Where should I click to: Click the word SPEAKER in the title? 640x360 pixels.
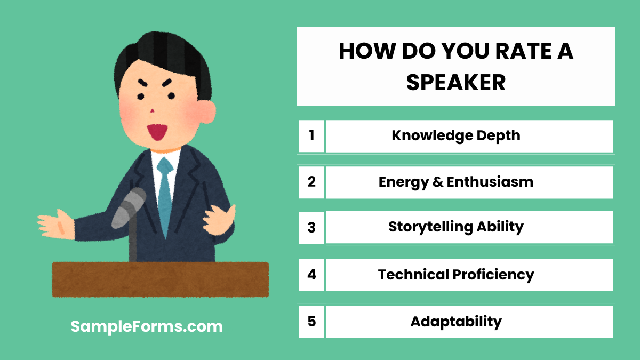click(x=456, y=83)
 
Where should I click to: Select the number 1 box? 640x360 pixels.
click(x=311, y=135)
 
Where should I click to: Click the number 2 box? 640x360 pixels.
click(x=311, y=182)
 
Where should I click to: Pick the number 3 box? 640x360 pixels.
click(x=311, y=228)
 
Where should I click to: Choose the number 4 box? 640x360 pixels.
click(x=311, y=275)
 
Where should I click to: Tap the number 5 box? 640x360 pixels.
click(x=311, y=322)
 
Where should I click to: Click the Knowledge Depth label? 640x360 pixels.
click(x=456, y=135)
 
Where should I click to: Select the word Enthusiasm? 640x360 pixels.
click(x=490, y=182)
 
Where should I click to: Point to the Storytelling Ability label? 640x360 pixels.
click(x=456, y=227)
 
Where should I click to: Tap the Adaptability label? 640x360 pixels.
click(x=456, y=322)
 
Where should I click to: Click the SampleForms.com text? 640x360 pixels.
click(x=147, y=326)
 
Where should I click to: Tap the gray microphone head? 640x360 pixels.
click(x=130, y=207)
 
